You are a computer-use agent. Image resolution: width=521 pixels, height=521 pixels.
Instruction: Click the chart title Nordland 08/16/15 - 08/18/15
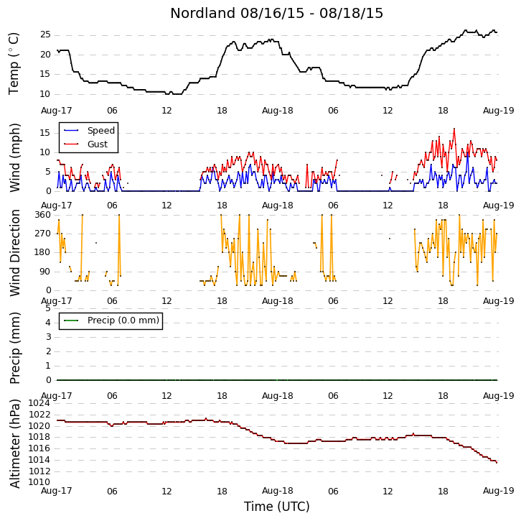pyautogui.click(x=276, y=14)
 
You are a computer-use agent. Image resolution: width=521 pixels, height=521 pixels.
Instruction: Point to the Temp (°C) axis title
pyautogui.click(x=14, y=63)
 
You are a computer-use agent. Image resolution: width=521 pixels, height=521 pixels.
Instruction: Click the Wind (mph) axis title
pyautogui.click(x=15, y=157)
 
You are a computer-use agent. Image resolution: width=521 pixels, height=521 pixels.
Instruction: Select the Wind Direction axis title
pyautogui.click(x=15, y=253)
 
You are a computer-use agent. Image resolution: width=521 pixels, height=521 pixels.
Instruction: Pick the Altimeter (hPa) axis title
pyautogui.click(x=15, y=443)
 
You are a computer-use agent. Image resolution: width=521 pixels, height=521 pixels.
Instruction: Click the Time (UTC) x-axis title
pyautogui.click(x=277, y=507)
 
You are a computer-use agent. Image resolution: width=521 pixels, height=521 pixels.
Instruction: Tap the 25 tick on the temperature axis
pyautogui.click(x=45, y=34)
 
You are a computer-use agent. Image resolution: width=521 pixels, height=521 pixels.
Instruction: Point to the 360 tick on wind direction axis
pyautogui.click(x=43, y=215)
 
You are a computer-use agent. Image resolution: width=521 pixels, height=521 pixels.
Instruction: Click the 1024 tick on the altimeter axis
pyautogui.click(x=39, y=403)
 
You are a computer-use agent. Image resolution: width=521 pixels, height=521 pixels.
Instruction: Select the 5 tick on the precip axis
pyautogui.click(x=48, y=308)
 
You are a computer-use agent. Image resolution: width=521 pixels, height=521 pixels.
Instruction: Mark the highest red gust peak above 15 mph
pyautogui.click(x=454, y=129)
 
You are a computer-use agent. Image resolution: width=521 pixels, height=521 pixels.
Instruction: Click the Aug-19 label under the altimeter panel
pyautogui.click(x=499, y=491)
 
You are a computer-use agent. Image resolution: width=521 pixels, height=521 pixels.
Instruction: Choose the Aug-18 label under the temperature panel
pyautogui.click(x=278, y=111)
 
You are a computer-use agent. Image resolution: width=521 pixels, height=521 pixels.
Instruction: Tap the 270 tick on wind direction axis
pyautogui.click(x=43, y=234)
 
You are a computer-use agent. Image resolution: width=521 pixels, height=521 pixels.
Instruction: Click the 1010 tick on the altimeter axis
pyautogui.click(x=39, y=482)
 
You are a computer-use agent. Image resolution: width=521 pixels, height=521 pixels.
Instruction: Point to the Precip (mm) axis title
pyautogui.click(x=15, y=348)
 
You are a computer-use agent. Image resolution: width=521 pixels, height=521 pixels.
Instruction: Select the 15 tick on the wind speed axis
pyautogui.click(x=45, y=133)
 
